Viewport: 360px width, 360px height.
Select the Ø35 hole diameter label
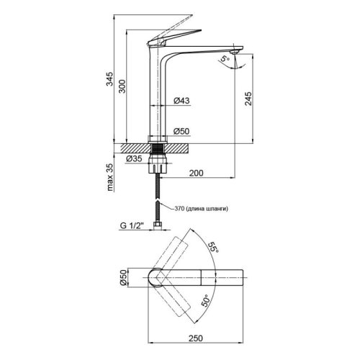click(x=135, y=158)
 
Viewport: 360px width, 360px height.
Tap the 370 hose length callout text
click(x=202, y=209)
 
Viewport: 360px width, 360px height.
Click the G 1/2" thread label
click(x=133, y=226)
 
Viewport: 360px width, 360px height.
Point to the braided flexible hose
click(x=156, y=198)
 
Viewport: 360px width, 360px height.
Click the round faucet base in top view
click(x=156, y=277)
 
